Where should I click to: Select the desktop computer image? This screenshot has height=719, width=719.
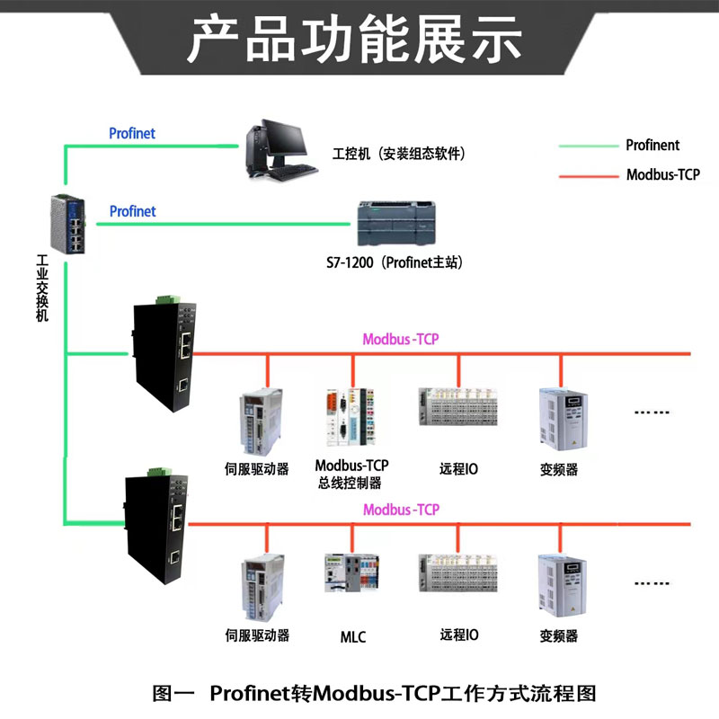(x=280, y=151)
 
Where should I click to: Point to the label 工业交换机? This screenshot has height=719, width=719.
(x=42, y=288)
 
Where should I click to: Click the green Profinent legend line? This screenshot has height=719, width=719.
(x=589, y=146)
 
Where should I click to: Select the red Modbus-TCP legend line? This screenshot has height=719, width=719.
(x=589, y=175)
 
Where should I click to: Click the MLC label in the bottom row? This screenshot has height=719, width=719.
(x=353, y=636)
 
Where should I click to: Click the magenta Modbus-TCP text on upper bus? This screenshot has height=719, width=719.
(x=400, y=339)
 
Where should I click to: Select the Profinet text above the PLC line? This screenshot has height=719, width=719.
(x=132, y=211)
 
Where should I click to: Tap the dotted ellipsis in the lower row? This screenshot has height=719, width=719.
(x=652, y=582)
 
